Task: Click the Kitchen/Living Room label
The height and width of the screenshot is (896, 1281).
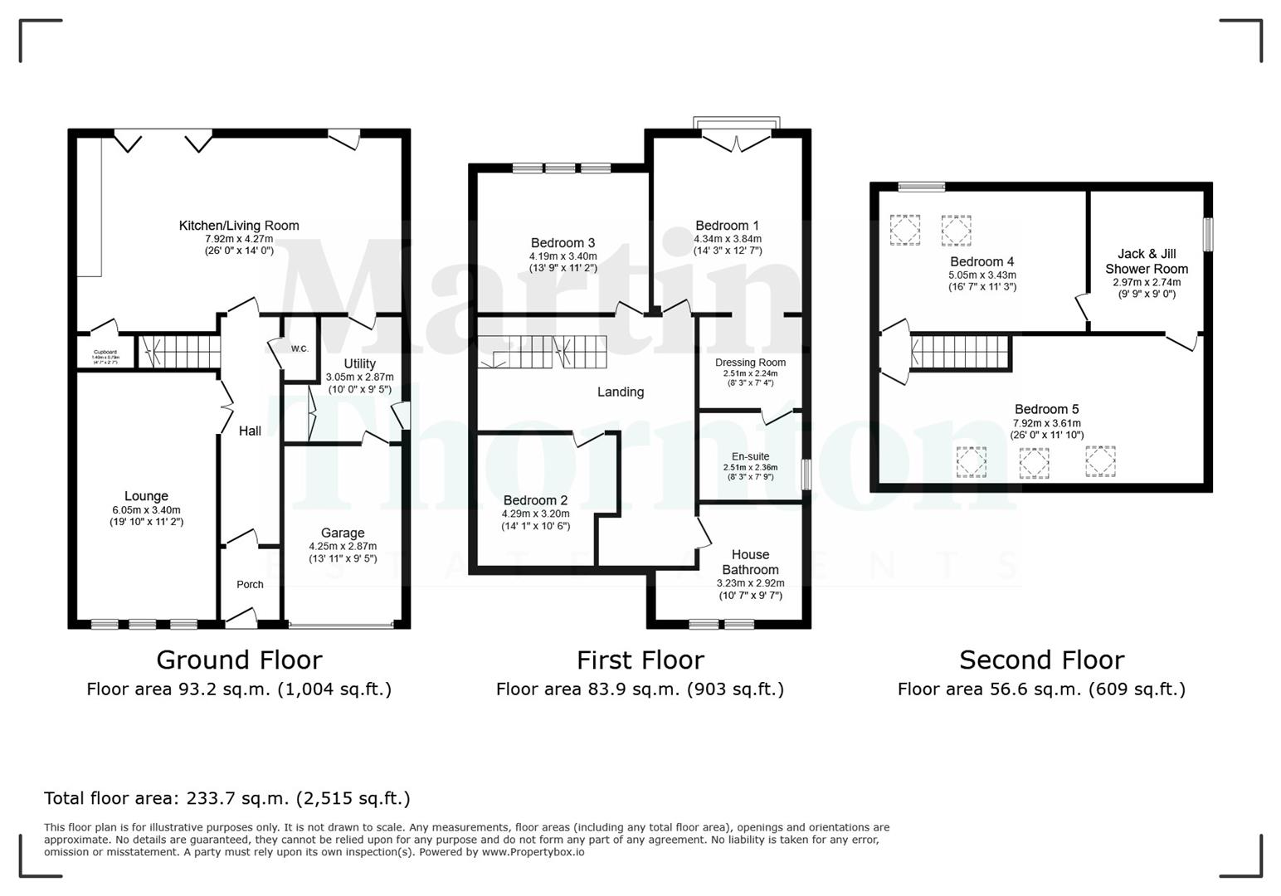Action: [x=239, y=226]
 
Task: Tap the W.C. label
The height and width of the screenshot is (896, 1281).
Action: [x=300, y=348]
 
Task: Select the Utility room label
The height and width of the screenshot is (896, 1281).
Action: [x=359, y=363]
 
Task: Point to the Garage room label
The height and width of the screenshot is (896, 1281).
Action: [x=343, y=533]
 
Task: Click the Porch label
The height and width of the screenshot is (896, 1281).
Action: [x=250, y=585]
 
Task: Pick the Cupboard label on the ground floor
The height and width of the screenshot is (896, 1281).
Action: [x=105, y=353]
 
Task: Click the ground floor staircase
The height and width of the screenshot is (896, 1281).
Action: [x=178, y=352]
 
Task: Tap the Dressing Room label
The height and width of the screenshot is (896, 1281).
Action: [x=750, y=363]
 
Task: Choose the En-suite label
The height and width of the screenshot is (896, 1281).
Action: [x=750, y=456]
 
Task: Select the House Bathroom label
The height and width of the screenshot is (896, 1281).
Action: [x=750, y=562]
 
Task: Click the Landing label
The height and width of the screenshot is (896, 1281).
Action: [x=621, y=392]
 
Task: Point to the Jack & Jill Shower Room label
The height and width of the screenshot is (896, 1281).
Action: [x=1147, y=261]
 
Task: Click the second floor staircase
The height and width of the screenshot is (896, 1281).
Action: [x=961, y=352]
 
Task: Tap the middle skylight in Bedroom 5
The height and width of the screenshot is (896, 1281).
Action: [x=1034, y=463]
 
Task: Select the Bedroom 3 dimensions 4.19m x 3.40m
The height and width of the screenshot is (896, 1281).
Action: [x=563, y=256]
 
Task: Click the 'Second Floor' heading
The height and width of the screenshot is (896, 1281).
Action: [x=1041, y=660]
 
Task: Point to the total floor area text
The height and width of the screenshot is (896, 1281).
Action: [x=227, y=799]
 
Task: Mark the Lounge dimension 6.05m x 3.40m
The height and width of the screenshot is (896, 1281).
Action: [x=146, y=510]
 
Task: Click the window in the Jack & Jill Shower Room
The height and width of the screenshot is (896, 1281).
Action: [x=1208, y=234]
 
